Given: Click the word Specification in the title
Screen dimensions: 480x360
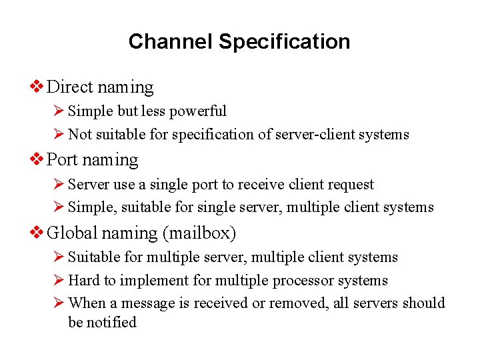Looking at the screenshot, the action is (284, 41).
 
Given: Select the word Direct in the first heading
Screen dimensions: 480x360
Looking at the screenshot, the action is (70, 87).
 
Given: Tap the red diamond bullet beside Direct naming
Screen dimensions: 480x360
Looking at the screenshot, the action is (38, 87).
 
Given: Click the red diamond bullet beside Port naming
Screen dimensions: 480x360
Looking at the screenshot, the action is (38, 160).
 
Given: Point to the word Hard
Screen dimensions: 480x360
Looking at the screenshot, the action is (83, 281).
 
